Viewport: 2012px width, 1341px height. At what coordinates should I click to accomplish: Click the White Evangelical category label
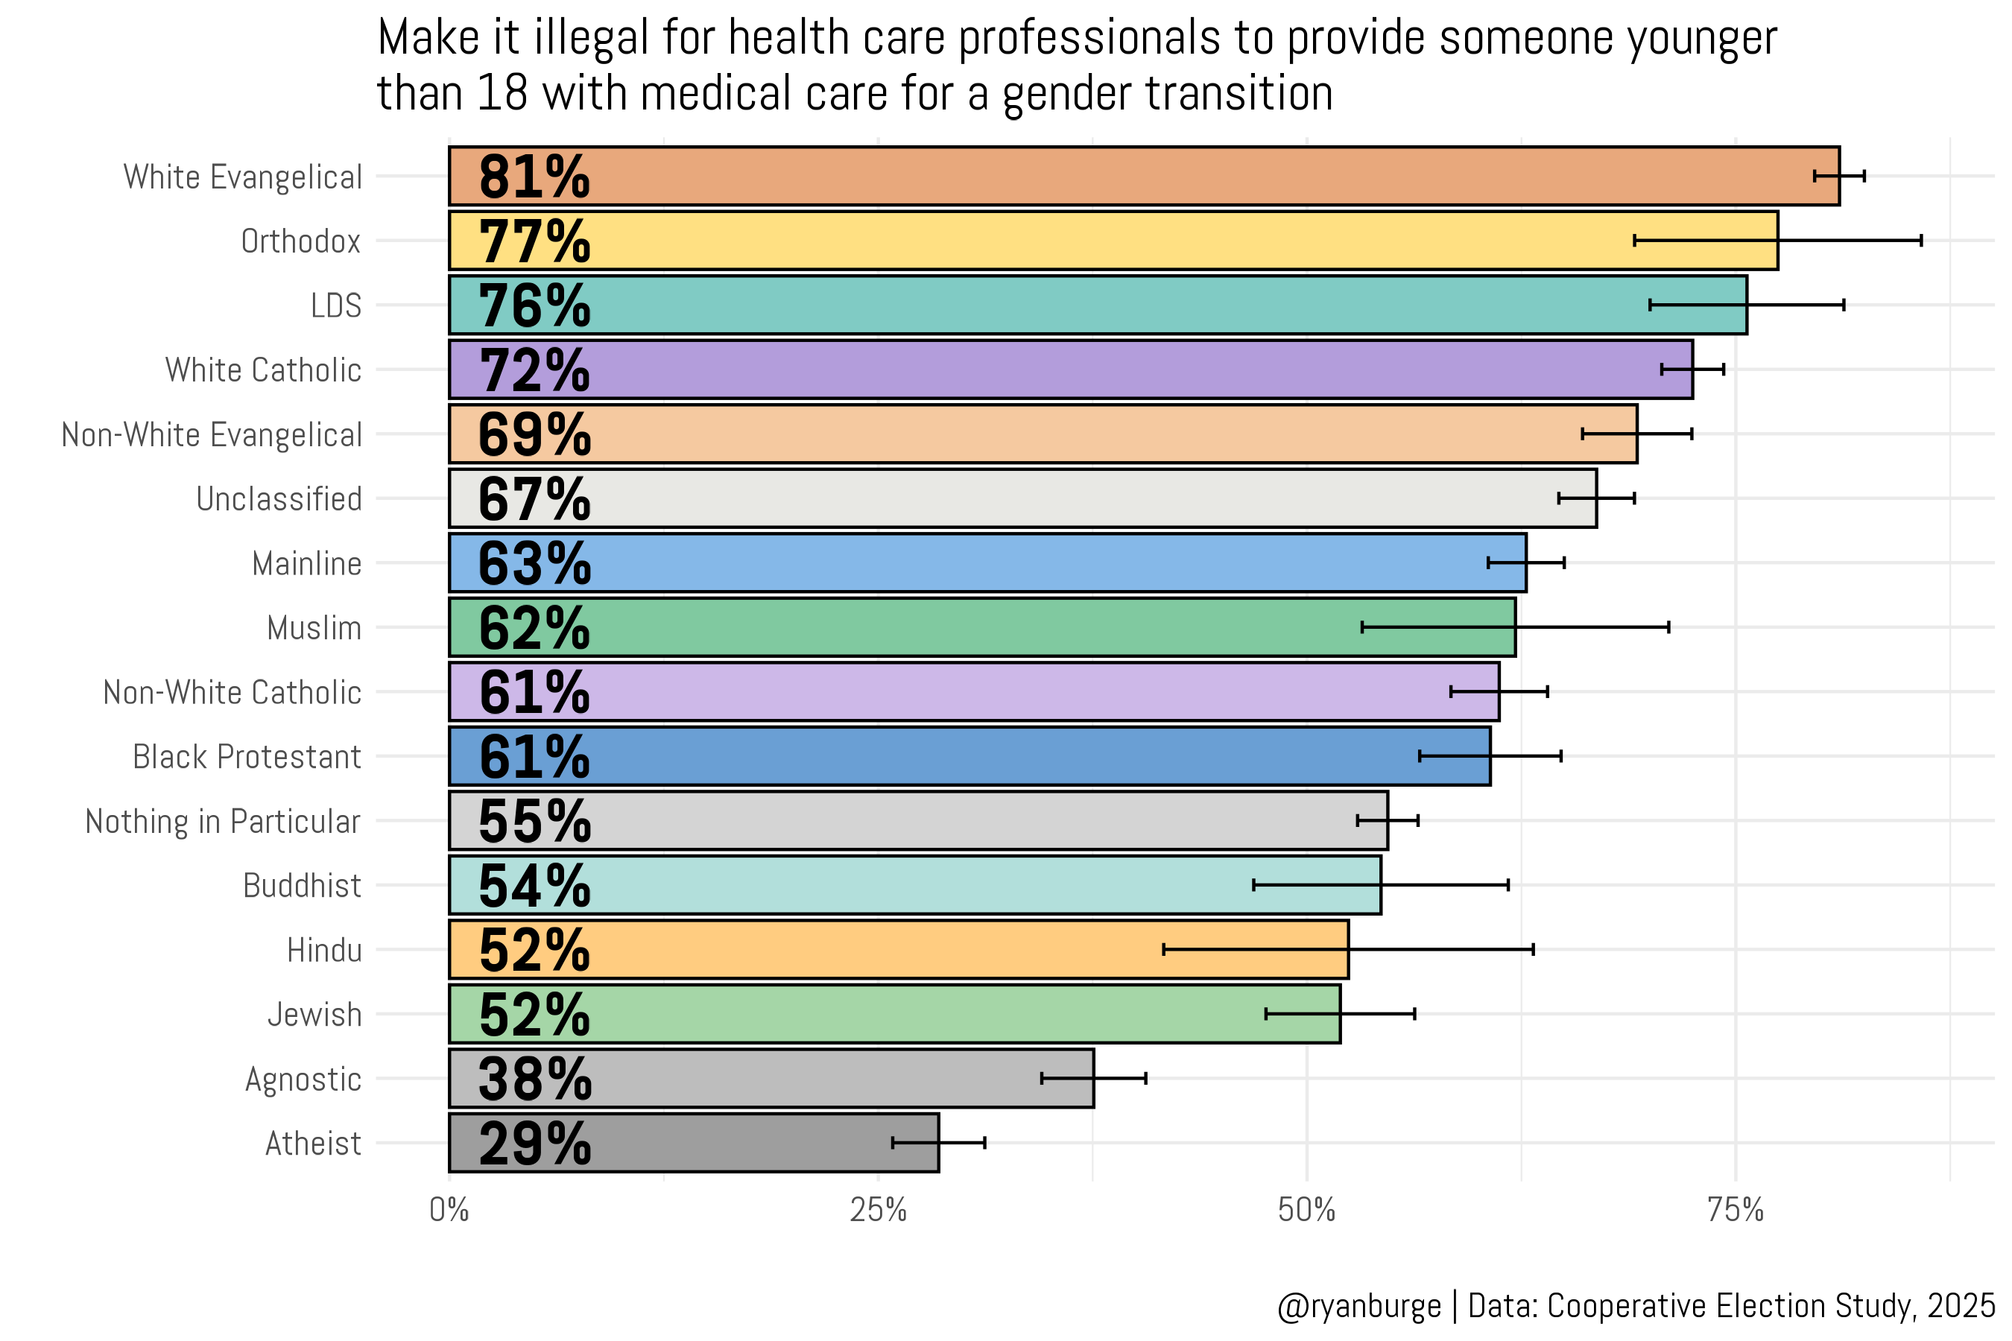tap(243, 177)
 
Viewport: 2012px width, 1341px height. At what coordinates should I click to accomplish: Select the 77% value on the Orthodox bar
tap(534, 241)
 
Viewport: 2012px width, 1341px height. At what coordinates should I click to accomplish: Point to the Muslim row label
tap(314, 628)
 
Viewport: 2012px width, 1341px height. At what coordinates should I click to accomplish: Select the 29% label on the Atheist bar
tap(534, 1144)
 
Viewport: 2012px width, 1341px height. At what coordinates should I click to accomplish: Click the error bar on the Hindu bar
tap(1348, 949)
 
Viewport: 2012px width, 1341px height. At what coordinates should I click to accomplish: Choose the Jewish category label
tap(314, 1014)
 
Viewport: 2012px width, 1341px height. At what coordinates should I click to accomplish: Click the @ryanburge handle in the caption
tap(1358, 1306)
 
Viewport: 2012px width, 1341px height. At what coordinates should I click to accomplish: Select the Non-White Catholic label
tap(232, 692)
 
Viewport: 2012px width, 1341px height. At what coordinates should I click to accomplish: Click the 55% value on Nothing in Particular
tap(534, 821)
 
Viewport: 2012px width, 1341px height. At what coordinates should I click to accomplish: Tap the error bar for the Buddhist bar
tap(1381, 885)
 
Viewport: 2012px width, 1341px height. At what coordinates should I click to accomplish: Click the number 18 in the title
tap(502, 93)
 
